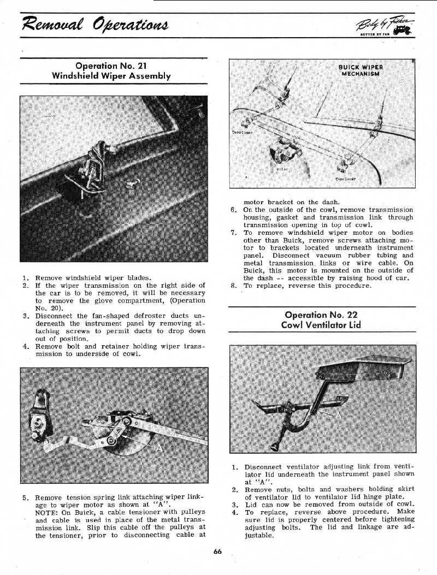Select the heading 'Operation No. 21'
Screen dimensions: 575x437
(111, 67)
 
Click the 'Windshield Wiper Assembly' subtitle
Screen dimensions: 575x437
(111, 76)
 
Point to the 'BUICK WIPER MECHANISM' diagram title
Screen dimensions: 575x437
(361, 71)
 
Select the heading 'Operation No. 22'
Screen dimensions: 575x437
(321, 315)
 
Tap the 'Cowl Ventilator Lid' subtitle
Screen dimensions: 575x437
(321, 325)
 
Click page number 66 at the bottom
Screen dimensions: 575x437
(218, 552)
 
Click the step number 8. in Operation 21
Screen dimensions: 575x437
(233, 286)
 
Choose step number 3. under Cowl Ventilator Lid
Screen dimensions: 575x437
(234, 505)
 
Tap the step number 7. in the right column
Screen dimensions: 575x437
(233, 233)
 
